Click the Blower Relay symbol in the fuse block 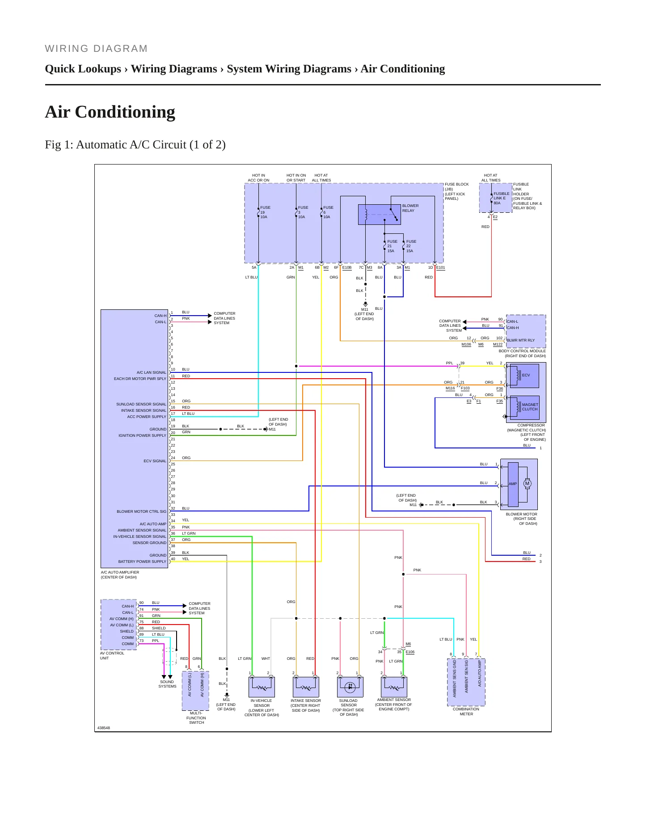tap(379, 215)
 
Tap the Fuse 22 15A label tap(411, 246)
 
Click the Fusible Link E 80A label tap(501, 198)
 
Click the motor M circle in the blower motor tap(528, 483)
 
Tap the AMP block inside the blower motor tap(513, 484)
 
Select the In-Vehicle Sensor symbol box tap(262, 687)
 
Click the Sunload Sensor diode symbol tap(350, 687)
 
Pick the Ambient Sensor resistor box tap(394, 687)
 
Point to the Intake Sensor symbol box tap(306, 687)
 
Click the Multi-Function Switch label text tap(196, 718)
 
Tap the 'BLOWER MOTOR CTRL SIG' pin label tap(141, 511)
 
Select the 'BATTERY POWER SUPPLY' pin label tap(142, 562)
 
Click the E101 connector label tap(441, 268)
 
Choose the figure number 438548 tap(104, 728)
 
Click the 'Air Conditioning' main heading tap(110, 112)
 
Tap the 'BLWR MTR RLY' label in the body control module tap(521, 340)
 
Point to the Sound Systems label tap(167, 684)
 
